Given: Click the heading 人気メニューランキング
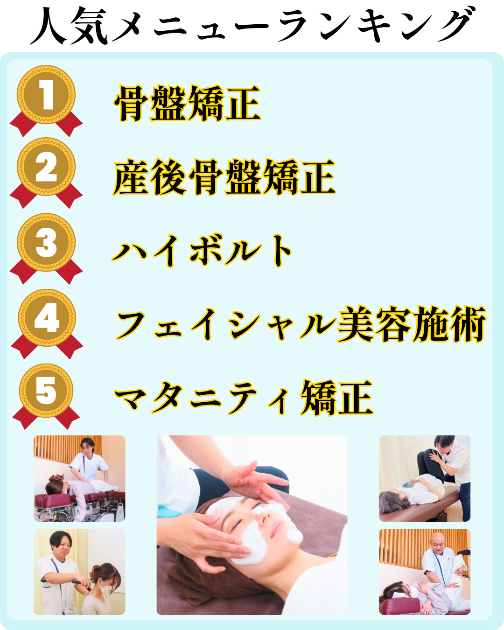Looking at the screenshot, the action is tap(252, 26).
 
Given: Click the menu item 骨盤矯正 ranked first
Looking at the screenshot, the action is tap(187, 103).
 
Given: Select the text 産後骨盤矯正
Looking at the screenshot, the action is tap(224, 177).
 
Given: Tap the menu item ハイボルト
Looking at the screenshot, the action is tap(202, 251).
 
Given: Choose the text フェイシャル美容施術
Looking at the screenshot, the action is tap(301, 324).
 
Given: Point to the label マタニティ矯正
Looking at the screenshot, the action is tap(244, 398).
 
